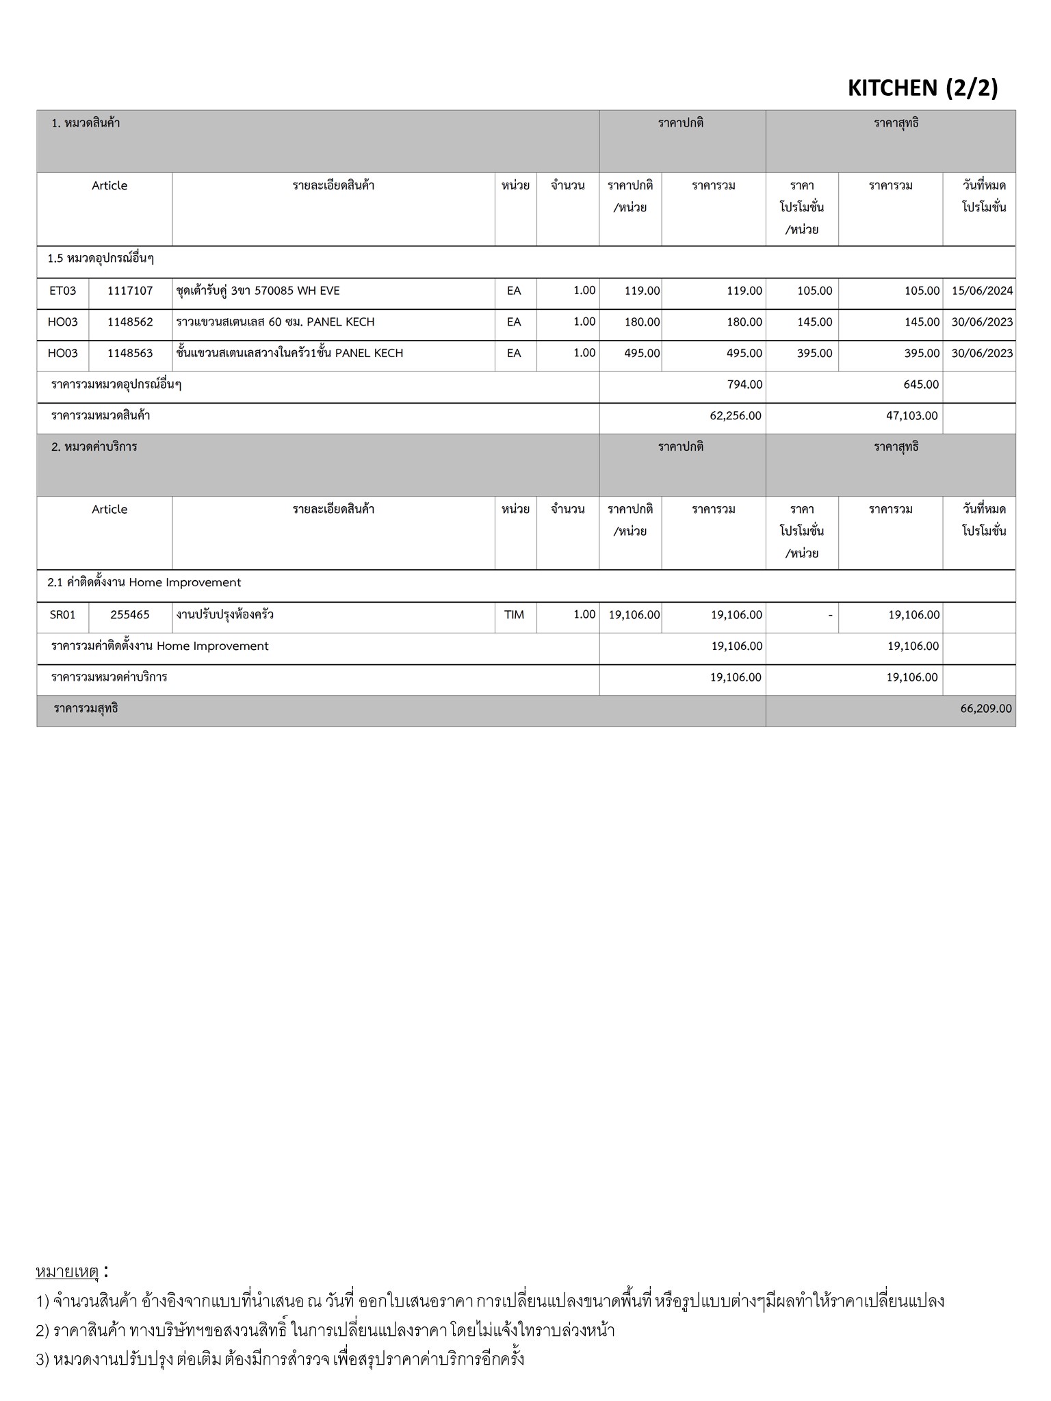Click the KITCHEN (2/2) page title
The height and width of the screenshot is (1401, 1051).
(x=922, y=88)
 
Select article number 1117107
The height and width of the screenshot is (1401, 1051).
(x=130, y=291)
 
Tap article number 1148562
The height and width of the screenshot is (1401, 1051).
(x=130, y=322)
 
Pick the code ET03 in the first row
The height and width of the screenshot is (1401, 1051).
(x=63, y=291)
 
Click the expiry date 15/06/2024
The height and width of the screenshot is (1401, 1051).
(x=982, y=291)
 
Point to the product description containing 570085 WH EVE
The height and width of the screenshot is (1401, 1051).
(x=258, y=291)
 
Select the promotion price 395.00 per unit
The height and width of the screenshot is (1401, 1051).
(x=814, y=354)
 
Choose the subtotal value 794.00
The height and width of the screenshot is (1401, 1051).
(x=744, y=384)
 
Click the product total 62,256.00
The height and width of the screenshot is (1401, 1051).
(x=736, y=416)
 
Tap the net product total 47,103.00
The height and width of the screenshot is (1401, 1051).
(x=912, y=416)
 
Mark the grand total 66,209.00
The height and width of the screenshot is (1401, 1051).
(x=985, y=709)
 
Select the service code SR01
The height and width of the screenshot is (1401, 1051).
(x=63, y=615)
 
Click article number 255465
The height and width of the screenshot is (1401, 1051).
(x=130, y=615)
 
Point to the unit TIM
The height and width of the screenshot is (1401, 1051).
(x=514, y=615)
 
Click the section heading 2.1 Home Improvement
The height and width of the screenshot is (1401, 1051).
(x=144, y=583)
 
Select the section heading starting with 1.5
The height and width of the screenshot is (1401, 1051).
(x=101, y=259)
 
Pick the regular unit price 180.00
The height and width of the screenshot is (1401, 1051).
(x=642, y=322)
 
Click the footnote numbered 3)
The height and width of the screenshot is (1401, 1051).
(x=280, y=1359)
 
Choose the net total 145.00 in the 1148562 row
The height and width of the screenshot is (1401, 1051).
(x=921, y=322)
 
